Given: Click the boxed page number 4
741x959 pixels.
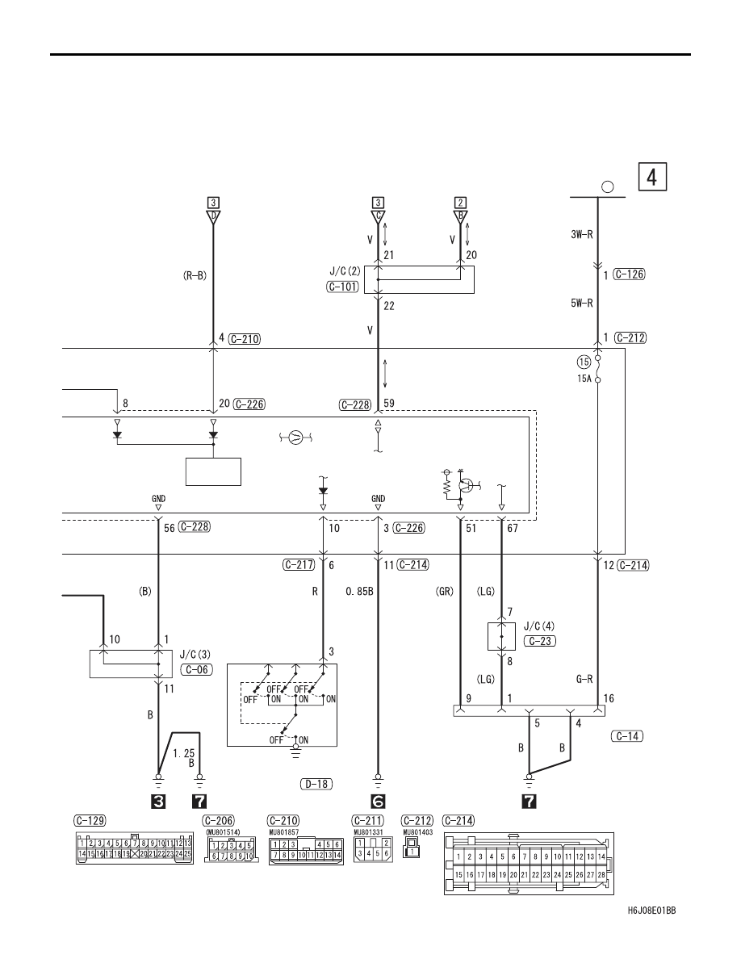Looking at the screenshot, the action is (652, 177).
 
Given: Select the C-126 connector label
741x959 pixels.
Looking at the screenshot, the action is (629, 274).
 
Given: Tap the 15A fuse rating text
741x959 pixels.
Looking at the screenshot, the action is (584, 379).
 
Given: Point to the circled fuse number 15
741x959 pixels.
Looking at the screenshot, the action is (584, 362).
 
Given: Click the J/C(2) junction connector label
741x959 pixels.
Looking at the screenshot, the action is (345, 271).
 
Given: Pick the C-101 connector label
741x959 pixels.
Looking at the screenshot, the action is (342, 287).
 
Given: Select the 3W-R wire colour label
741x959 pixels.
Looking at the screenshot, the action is (581, 234).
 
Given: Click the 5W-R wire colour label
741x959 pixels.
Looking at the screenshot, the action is (581, 303).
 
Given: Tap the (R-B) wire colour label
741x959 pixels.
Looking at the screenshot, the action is (195, 276).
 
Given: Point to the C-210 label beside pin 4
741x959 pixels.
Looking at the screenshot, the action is (245, 339).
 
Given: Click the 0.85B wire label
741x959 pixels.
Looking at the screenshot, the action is (359, 592).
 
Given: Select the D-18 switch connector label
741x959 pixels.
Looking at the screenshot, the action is (316, 784).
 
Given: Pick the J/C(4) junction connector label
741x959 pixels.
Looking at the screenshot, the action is (539, 626).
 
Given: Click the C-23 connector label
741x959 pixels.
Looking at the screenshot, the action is (540, 641).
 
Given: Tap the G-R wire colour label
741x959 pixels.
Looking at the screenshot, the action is (584, 679).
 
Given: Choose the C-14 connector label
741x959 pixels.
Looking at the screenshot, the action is (627, 736).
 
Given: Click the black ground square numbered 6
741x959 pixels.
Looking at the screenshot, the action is (378, 802).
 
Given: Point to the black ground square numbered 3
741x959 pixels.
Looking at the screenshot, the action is (158, 802).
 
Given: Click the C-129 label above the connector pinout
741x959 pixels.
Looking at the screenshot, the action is (90, 821).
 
